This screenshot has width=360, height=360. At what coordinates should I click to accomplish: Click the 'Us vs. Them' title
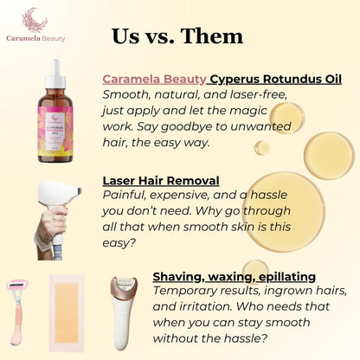point(177,35)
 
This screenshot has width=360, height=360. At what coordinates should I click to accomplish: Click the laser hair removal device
point(66,208)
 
